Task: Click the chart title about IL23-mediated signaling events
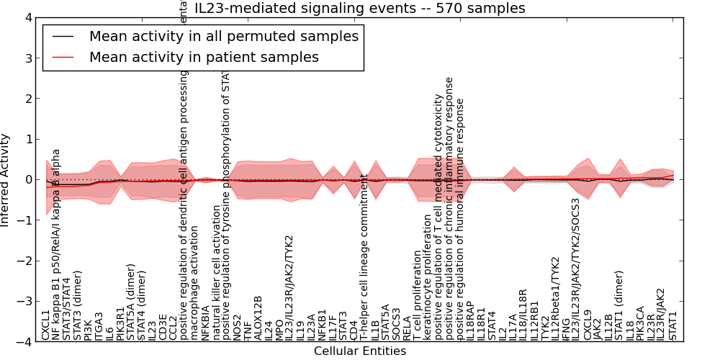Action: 360,9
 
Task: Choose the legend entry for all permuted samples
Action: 223,36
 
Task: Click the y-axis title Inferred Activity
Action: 6,180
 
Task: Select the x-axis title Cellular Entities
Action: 360,351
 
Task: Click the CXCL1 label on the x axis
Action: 46,325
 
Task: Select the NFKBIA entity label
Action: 205,323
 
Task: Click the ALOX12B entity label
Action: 258,318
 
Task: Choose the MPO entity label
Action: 279,328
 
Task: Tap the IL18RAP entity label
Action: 470,321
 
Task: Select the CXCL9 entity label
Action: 588,325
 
